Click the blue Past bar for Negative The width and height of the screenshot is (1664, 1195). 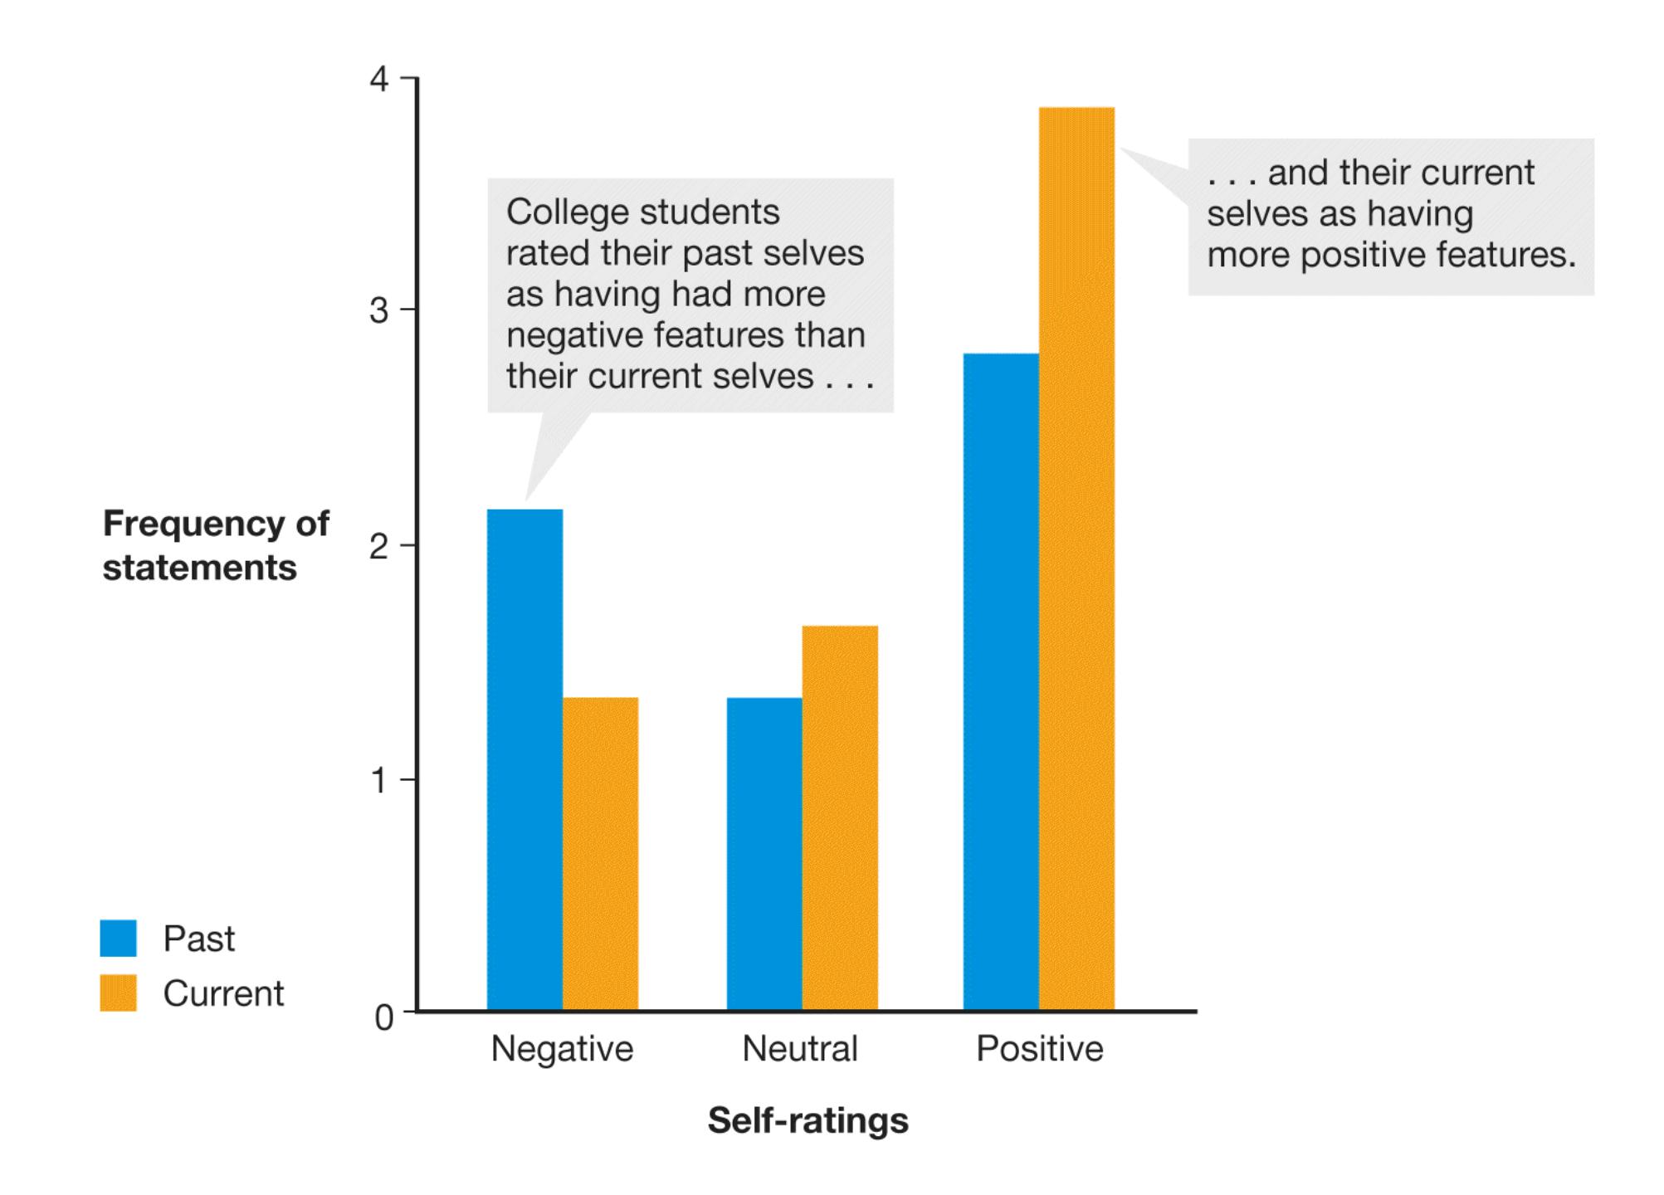point(525,759)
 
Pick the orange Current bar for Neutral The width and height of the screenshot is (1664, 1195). point(840,817)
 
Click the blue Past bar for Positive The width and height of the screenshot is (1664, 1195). point(1001,681)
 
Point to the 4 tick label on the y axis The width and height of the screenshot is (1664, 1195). point(379,80)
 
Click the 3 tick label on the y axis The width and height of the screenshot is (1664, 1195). point(379,311)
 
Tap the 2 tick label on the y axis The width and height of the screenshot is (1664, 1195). point(379,547)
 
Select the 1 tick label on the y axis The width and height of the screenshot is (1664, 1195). point(379,781)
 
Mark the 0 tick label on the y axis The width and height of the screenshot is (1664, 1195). point(383,1017)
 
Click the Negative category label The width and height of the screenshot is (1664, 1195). point(562,1049)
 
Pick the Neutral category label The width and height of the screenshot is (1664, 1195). point(799,1049)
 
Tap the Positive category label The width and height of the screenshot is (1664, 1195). point(1039,1049)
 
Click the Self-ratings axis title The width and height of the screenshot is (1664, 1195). point(808,1120)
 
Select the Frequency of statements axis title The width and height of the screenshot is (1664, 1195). point(215,546)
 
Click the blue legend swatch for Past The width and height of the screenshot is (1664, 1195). point(118,938)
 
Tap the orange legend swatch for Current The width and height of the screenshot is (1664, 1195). point(118,993)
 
